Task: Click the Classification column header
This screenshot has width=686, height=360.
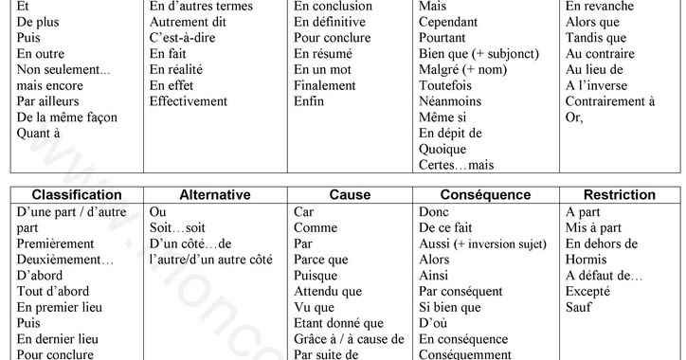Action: pyautogui.click(x=77, y=194)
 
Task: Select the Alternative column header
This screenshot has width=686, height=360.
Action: pyautogui.click(x=214, y=194)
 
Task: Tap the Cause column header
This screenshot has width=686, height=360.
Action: pyautogui.click(x=350, y=194)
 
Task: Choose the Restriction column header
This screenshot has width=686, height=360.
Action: pyautogui.click(x=620, y=194)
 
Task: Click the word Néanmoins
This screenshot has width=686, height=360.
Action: pyautogui.click(x=448, y=100)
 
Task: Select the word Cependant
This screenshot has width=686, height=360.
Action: pyautogui.click(x=449, y=21)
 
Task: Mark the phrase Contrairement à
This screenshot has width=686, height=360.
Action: pyautogui.click(x=610, y=100)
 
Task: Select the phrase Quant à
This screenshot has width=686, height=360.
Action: pyautogui.click(x=39, y=133)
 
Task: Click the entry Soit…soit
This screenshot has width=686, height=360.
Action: pyautogui.click(x=178, y=227)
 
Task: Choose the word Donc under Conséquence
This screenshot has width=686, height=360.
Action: pyautogui.click(x=435, y=211)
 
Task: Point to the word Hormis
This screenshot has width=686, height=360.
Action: pyautogui.click(x=586, y=259)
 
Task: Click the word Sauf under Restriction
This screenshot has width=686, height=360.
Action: pyautogui.click(x=579, y=307)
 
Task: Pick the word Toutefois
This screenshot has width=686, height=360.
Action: pyautogui.click(x=445, y=84)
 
